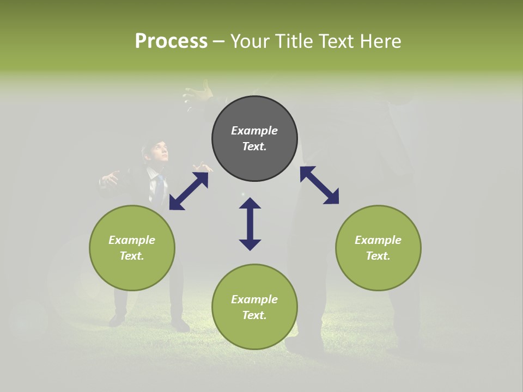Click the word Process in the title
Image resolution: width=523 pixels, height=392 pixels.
171,41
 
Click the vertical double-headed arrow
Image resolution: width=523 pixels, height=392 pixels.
250,224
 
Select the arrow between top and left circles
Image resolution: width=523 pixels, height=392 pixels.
188,191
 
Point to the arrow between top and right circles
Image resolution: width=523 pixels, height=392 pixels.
319,185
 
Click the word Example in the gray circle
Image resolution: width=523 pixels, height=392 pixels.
254,131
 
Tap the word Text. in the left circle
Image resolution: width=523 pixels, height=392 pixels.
132,256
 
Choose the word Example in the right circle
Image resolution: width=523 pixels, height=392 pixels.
378,240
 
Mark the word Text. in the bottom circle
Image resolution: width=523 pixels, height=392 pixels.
254,315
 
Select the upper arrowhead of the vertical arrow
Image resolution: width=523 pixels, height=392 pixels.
250,204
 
